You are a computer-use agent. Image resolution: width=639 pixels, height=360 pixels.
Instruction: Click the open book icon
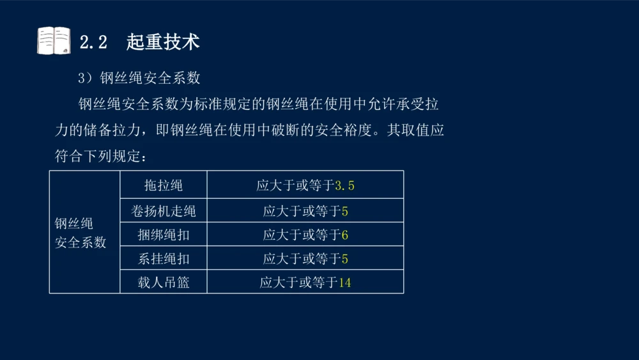point(54,41)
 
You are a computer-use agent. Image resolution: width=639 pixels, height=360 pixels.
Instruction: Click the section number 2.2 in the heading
point(93,42)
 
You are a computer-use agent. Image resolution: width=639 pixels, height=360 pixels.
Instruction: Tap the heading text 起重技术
point(163,42)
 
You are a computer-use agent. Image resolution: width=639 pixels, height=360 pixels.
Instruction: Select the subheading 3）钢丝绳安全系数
point(139,78)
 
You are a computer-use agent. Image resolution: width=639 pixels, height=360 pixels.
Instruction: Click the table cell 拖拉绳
point(164,185)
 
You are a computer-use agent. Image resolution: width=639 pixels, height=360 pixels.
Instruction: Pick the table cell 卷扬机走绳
point(164,211)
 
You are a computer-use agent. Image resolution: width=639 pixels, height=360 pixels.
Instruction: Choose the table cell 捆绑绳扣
point(164,235)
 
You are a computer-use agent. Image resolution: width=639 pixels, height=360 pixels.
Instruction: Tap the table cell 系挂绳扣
point(164,259)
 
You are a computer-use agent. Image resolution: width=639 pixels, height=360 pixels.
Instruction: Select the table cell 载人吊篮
point(164,282)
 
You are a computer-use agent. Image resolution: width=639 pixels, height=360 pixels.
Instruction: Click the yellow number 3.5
point(344,186)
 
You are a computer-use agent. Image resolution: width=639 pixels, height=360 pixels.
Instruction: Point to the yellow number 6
point(345,235)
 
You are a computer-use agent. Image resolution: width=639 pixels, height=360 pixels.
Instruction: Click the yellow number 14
point(345,283)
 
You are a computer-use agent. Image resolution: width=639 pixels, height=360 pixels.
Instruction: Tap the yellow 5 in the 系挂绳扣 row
point(345,260)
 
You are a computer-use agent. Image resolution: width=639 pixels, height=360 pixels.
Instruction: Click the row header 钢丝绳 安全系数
point(81,233)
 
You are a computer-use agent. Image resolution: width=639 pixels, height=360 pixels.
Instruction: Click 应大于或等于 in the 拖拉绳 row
point(295,186)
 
